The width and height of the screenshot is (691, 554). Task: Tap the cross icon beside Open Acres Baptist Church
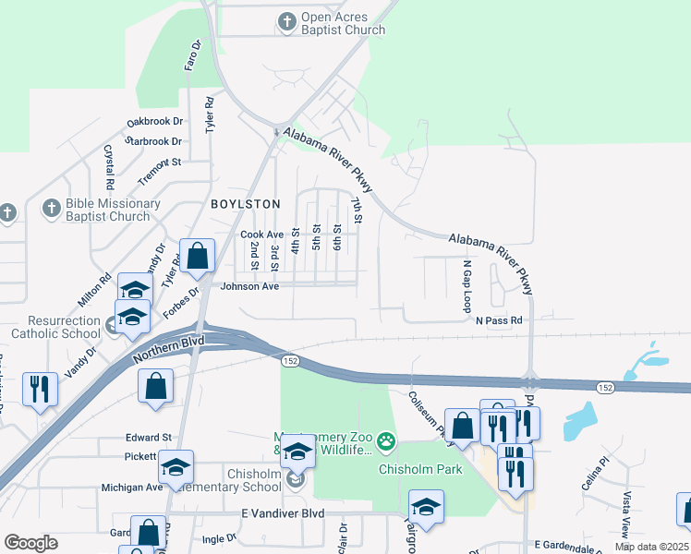click(287, 20)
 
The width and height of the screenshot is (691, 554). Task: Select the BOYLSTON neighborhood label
click(245, 203)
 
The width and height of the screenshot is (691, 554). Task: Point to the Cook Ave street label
click(261, 235)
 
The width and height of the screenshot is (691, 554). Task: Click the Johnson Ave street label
click(249, 286)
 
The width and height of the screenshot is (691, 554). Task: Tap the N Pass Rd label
click(500, 320)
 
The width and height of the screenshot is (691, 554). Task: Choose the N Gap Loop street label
click(467, 285)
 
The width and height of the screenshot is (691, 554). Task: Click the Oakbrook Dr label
click(155, 121)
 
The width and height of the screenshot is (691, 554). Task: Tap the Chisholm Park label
click(420, 469)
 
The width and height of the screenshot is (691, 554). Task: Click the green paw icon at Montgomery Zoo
click(385, 444)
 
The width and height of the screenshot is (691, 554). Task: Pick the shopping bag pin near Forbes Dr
click(198, 257)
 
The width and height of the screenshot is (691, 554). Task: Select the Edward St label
click(149, 437)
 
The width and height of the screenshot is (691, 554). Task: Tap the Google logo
click(30, 543)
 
